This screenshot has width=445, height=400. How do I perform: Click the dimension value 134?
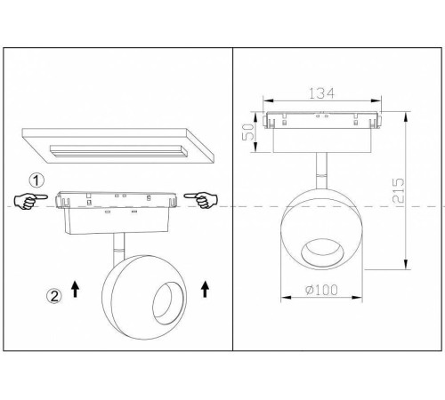321,93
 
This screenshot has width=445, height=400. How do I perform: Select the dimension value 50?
248,132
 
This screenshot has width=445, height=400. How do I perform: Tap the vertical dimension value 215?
398,190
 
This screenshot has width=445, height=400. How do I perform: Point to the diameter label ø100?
321,290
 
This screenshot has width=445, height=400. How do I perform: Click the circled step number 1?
36,180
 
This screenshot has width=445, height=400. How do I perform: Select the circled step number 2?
54,296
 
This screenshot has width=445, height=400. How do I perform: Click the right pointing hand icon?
201,200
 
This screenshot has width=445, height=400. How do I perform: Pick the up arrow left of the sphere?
76,289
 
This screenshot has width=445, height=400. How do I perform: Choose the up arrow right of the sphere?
205,289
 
